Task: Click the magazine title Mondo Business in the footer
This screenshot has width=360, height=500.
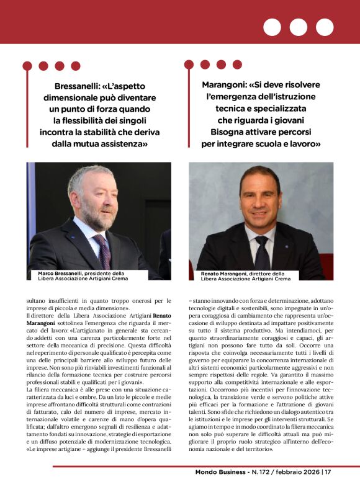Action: click(x=224, y=489)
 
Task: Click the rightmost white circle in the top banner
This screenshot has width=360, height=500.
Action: click(x=325, y=27)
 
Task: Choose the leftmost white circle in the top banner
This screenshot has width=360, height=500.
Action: click(x=272, y=27)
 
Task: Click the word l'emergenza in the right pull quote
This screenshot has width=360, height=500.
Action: click(x=233, y=97)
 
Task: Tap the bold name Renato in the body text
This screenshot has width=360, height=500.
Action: click(x=163, y=316)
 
